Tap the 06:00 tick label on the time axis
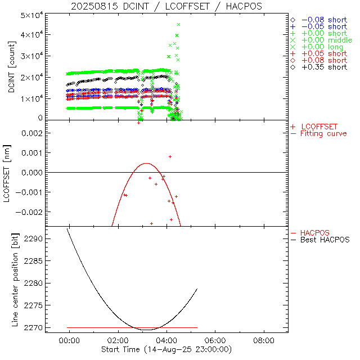215,340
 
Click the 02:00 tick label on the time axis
118,340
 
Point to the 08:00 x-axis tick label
264,340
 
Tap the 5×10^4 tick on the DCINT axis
33,15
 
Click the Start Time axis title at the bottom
166,349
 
